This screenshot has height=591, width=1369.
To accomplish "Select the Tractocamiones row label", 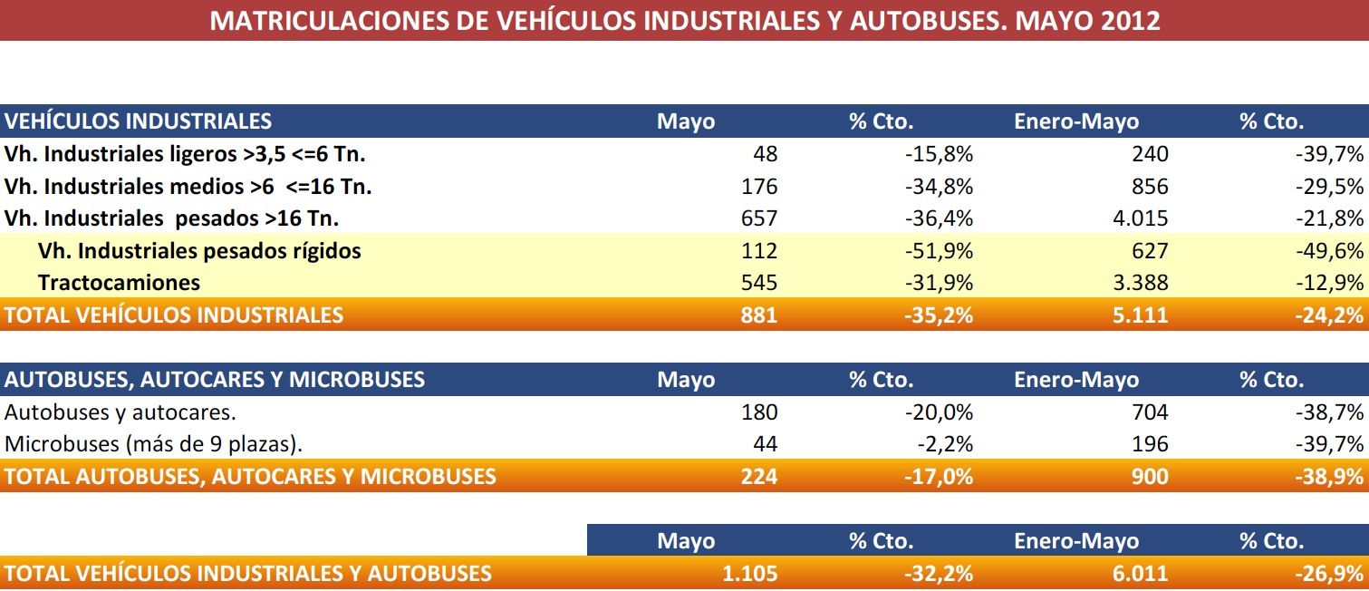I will [119, 283].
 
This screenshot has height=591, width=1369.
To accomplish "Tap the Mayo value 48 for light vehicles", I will [765, 154].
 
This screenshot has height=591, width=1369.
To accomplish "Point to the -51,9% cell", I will [939, 251].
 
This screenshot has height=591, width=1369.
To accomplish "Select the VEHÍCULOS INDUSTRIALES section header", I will [138, 121].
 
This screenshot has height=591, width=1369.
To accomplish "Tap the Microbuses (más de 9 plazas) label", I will [154, 444].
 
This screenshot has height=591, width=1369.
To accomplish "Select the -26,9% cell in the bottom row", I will [1329, 573].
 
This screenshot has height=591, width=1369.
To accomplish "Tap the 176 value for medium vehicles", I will [759, 187].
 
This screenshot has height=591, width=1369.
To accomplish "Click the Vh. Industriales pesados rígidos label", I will [199, 251].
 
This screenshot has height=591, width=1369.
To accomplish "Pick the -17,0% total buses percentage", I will [939, 476].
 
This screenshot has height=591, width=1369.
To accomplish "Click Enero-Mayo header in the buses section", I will [1076, 380].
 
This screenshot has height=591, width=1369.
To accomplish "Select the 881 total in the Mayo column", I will [759, 315].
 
